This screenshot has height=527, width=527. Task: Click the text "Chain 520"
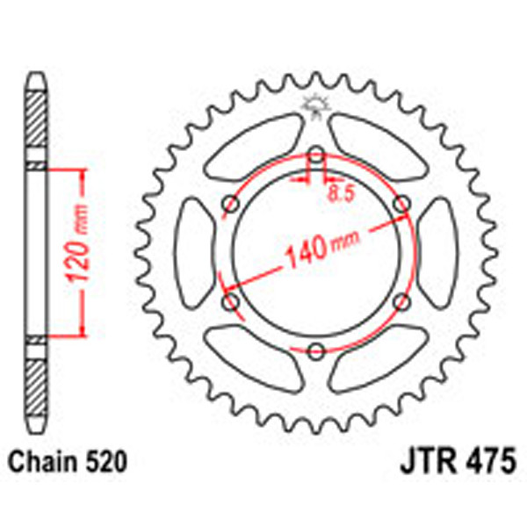pos(68,459)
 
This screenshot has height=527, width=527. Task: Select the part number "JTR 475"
pos(452,459)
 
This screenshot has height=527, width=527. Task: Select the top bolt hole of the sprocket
pos(316,156)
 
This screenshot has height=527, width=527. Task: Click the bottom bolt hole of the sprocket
pos(316,351)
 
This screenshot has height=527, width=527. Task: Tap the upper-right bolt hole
pos(402,205)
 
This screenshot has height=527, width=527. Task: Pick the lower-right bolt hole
pos(402,302)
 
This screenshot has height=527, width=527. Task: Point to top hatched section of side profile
pos(35,122)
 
